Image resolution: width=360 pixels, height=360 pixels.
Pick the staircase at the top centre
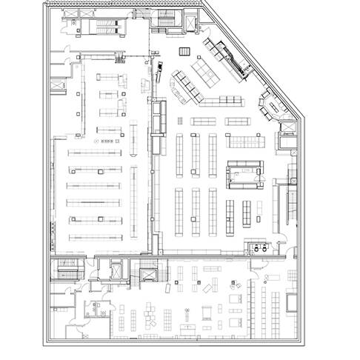point(164,21)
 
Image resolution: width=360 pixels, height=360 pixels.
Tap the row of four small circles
point(107,139)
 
